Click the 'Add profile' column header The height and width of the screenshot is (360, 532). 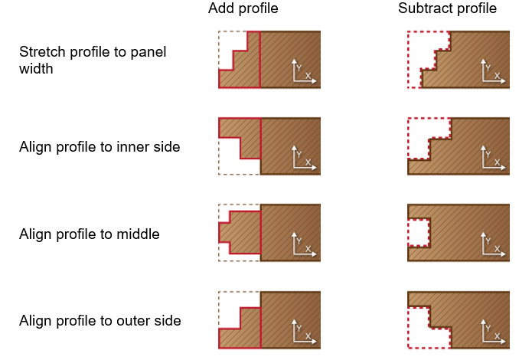tap(243, 9)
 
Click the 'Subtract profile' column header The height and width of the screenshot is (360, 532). tap(447, 9)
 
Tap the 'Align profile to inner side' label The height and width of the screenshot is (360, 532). tap(100, 147)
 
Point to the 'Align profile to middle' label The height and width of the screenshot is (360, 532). tap(89, 234)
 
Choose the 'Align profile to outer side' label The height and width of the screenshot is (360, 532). tap(100, 321)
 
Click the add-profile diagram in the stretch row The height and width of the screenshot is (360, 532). tap(269, 60)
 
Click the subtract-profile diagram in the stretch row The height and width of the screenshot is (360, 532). tap(459, 60)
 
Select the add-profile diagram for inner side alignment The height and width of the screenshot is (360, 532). tap(269, 146)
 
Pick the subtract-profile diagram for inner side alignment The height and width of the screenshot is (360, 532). tap(459, 146)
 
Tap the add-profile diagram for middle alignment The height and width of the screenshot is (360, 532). tap(269, 233)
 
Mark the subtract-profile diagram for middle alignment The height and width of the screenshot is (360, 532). tap(459, 233)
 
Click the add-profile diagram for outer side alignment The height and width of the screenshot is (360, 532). tap(269, 320)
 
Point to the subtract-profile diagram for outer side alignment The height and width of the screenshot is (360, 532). tap(459, 320)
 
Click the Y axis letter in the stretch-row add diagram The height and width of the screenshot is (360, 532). tap(299, 66)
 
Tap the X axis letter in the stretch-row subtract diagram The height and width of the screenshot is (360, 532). tap(497, 76)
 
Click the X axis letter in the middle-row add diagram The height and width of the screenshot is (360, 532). tap(308, 249)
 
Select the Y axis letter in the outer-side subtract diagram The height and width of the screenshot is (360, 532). tap(488, 327)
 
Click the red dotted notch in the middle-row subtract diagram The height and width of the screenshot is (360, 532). tap(419, 233)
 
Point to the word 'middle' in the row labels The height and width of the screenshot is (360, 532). tap(139, 234)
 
